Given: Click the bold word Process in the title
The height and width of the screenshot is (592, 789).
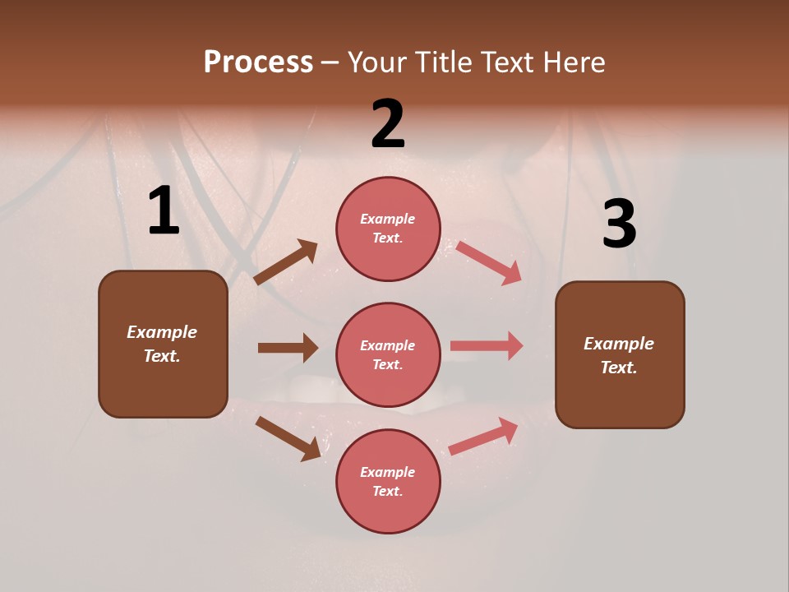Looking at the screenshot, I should click(258, 62).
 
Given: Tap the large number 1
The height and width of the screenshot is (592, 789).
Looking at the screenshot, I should click(164, 211).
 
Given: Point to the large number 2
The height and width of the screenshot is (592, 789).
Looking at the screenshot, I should click(388, 123).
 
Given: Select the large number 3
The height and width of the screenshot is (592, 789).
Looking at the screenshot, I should click(619, 224).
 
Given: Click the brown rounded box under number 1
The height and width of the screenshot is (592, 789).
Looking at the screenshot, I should click(163, 344).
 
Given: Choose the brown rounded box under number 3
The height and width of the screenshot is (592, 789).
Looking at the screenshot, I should click(620, 355).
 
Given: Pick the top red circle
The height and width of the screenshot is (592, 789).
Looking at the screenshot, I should click(388, 229).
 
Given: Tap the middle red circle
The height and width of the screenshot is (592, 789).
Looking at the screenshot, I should click(388, 355).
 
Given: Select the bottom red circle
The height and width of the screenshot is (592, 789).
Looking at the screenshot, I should click(388, 482).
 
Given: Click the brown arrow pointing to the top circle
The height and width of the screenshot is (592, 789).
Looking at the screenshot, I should click(286, 262).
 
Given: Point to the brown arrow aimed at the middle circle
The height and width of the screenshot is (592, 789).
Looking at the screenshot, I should click(288, 348).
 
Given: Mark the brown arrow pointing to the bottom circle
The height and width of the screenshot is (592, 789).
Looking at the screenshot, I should click(288, 438).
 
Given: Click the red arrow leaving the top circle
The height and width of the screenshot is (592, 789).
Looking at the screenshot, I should click(489, 262).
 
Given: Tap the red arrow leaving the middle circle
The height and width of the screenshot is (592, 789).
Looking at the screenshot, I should click(487, 346).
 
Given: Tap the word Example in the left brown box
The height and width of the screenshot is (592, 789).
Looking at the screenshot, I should click(162, 332).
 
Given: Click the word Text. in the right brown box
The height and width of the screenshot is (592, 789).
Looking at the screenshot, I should click(619, 368).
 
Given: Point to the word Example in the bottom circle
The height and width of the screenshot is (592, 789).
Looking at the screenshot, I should click(388, 472).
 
